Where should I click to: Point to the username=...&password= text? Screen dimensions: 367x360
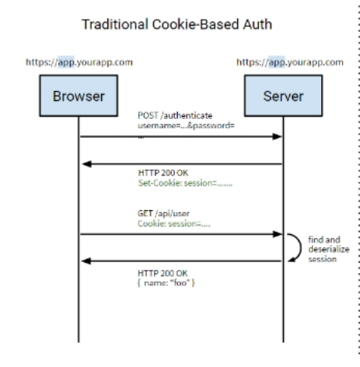pos(177,125)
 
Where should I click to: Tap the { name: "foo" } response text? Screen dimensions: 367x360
pos(165,282)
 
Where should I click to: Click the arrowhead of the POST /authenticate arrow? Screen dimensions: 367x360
pos(276,136)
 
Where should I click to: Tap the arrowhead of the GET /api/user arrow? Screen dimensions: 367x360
pos(276,233)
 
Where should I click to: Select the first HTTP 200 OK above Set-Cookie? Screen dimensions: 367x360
pos(159,175)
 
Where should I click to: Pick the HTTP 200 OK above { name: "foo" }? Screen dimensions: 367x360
pos(159,272)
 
